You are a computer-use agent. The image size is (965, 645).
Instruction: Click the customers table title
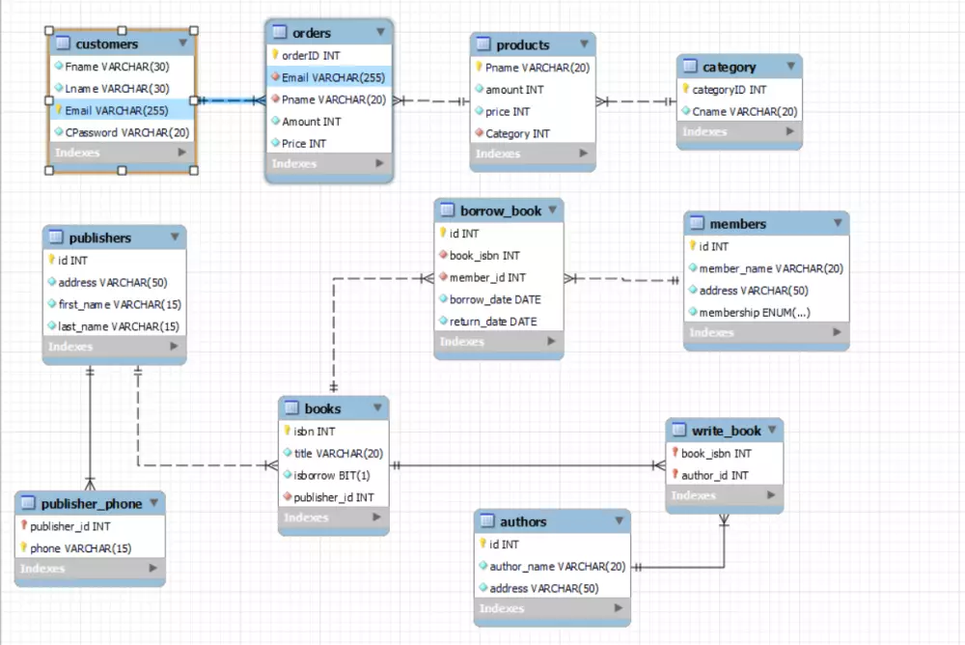pos(106,43)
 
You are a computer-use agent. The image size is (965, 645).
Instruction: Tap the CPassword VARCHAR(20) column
pos(126,131)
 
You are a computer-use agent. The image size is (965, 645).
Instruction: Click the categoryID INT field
pos(730,89)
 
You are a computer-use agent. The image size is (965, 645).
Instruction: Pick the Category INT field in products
pos(517,133)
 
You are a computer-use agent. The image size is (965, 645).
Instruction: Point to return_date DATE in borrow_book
pos(492,321)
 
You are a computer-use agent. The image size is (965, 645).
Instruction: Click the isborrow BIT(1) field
pos(332,475)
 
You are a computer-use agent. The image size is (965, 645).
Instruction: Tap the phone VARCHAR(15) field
pos(80,547)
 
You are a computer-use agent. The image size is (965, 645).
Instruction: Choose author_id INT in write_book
pos(714,475)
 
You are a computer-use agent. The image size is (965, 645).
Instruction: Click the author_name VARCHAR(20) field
pos(557,566)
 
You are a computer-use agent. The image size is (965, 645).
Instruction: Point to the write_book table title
pos(726,431)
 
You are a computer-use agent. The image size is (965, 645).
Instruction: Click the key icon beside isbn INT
pos(287,432)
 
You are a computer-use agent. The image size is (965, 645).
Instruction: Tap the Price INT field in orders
pos(303,143)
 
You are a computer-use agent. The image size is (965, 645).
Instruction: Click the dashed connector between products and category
pos(636,101)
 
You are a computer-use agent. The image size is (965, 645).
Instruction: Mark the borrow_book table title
pos(500,210)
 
